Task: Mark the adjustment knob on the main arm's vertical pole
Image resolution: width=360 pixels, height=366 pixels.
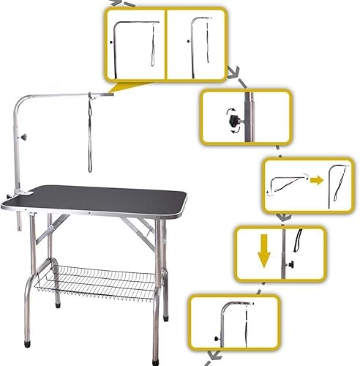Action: pos(25,138)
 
